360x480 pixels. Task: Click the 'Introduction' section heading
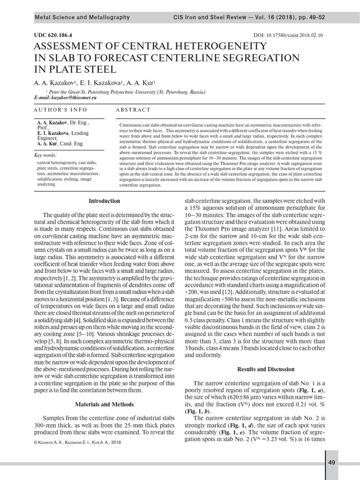pos(105,201)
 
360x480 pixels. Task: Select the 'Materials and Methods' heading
pos(105,404)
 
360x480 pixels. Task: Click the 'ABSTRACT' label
pos(135,110)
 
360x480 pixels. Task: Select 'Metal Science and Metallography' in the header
pos(82,17)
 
